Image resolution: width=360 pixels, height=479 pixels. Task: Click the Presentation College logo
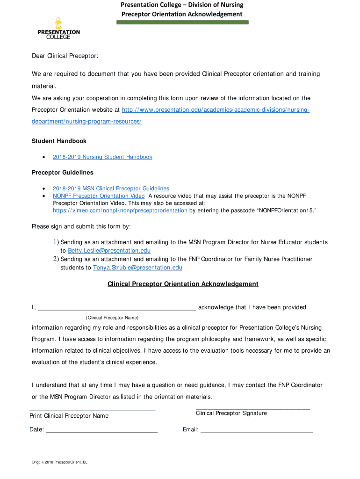[x=58, y=29]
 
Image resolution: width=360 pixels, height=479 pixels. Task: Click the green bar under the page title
[x=182, y=22]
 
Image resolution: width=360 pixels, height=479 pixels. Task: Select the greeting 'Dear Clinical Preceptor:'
[x=65, y=56]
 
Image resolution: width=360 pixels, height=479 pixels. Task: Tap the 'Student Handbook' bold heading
[x=59, y=141]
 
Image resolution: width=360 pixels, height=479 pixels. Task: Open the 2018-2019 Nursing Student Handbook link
[x=102, y=157]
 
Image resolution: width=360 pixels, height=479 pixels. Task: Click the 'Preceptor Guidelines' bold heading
[x=62, y=173]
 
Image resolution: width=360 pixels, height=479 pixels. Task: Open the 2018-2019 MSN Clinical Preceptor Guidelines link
[x=111, y=189]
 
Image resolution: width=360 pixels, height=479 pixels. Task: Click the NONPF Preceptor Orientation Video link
[x=99, y=196]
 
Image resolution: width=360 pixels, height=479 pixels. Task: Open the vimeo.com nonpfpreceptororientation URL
[x=120, y=211]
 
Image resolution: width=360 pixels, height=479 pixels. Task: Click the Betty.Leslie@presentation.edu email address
[x=109, y=251]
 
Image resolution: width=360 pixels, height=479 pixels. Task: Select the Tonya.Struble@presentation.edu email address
[x=137, y=268]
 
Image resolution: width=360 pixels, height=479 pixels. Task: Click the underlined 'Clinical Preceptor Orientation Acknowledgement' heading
[x=183, y=284]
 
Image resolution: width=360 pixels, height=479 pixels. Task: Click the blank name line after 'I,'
[x=117, y=308]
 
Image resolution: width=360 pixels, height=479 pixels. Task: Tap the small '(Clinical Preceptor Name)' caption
[x=112, y=318]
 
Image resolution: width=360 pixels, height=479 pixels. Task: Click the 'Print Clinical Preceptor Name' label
[x=69, y=416]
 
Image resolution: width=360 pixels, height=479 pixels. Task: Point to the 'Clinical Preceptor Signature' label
[x=231, y=413]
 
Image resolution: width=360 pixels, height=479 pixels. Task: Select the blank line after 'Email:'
[x=256, y=430]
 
